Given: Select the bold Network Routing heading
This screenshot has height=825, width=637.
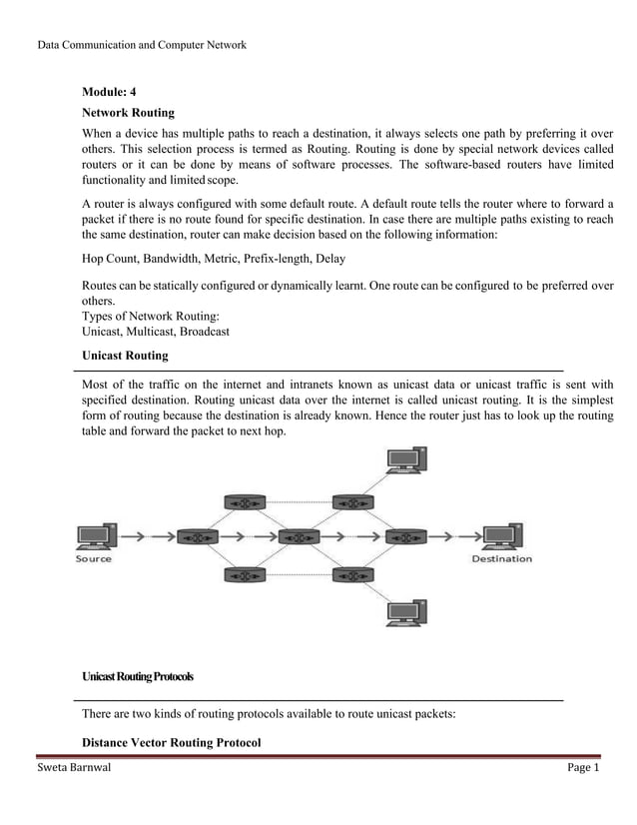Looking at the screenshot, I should (128, 113).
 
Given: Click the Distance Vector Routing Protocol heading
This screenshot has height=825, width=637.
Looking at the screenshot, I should (171, 743).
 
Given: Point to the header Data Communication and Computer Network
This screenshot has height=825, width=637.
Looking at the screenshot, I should (141, 45).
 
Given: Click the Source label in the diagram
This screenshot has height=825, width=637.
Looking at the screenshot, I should (95, 559).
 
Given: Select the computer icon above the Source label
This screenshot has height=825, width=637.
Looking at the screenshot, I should (95, 536).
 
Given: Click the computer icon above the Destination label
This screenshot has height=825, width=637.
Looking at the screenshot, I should (500, 536).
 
